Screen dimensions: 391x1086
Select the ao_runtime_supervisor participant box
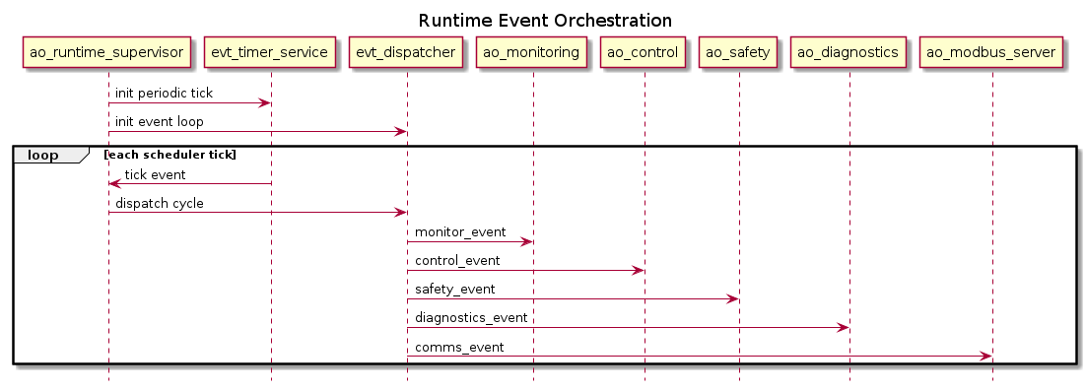tap(107, 52)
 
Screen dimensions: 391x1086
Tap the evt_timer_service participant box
tap(271, 52)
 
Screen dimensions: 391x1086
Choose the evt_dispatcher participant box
tap(407, 52)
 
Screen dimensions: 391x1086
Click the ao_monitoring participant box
tap(533, 52)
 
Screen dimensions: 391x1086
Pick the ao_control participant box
tap(645, 52)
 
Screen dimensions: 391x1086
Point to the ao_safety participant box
tap(738, 52)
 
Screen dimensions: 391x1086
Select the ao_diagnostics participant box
tap(848, 52)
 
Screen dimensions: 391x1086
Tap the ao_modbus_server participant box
tap(991, 52)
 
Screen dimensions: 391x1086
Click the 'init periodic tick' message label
tap(163, 94)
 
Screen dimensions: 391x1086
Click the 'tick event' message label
tap(155, 174)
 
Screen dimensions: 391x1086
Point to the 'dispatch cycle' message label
tap(160, 204)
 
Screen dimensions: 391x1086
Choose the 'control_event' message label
tap(457, 261)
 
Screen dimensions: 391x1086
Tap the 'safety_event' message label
tap(454, 290)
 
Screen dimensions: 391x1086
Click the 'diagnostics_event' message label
tap(471, 318)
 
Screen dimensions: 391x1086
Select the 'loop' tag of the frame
tap(42, 155)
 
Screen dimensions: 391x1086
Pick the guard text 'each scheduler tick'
tap(170, 155)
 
